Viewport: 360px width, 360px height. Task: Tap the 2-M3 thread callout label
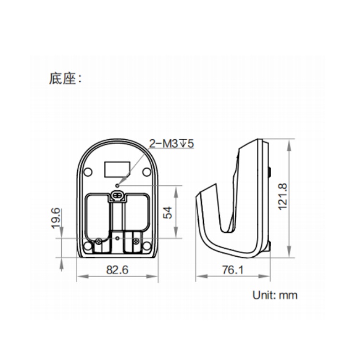(x=172, y=144)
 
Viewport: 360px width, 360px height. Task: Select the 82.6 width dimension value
(x=117, y=270)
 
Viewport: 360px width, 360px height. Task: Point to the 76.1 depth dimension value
(x=233, y=270)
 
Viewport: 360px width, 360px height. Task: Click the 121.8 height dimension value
(x=283, y=196)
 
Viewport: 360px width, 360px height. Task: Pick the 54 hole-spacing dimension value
(x=168, y=213)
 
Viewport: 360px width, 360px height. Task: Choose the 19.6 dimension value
(x=56, y=218)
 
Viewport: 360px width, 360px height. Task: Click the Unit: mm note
(x=275, y=295)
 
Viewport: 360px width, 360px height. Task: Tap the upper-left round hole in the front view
(x=87, y=172)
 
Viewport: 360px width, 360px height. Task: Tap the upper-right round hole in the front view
(x=146, y=172)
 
